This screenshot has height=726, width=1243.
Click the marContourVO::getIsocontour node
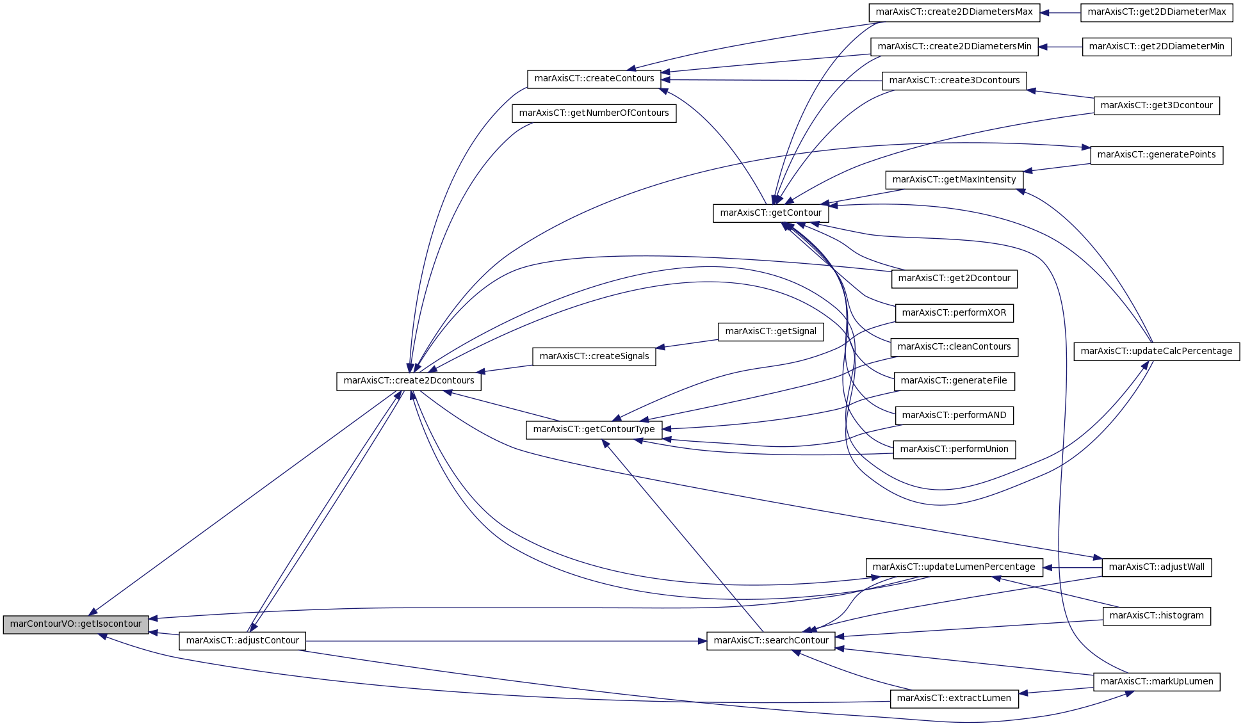[x=76, y=624]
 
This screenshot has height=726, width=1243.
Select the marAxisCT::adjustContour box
[x=242, y=641]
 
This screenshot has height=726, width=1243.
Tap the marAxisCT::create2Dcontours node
[x=409, y=381]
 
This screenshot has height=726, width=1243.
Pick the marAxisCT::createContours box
[x=594, y=79]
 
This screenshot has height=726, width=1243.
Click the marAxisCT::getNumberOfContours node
[x=594, y=113]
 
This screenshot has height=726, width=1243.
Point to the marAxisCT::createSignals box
[x=594, y=357]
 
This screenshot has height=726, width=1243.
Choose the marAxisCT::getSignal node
[x=770, y=332]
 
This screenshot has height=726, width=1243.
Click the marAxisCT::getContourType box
[x=594, y=430]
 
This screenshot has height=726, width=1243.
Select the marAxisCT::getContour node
[x=771, y=213]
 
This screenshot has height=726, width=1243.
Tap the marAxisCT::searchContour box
[x=771, y=641]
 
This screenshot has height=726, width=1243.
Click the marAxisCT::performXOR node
[x=954, y=313]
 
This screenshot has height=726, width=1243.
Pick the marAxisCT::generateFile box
[x=954, y=381]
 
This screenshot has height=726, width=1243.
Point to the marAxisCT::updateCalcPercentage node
[x=1157, y=351]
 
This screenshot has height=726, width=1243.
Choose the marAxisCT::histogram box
[x=1157, y=616]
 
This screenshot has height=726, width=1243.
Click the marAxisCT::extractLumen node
[x=954, y=698]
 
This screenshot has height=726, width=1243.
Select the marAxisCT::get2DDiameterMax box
[x=1157, y=12]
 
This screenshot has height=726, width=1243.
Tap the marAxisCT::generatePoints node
[x=1157, y=155]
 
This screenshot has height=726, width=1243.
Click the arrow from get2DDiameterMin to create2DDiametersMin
[x=1060, y=47]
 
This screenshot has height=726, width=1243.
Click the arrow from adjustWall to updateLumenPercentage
[x=1073, y=567]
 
